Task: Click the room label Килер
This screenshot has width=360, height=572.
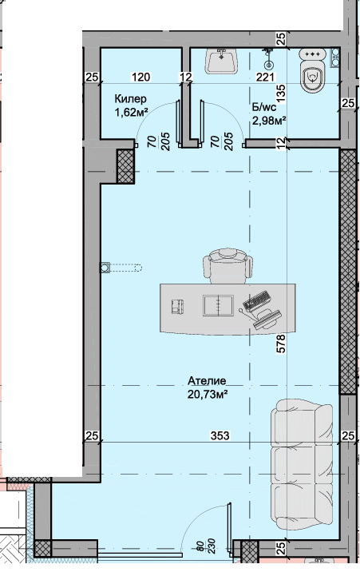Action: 130,99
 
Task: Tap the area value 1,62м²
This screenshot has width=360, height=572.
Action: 131,113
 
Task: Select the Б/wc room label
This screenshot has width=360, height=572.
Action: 264,107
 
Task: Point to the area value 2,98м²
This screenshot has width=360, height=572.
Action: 268,120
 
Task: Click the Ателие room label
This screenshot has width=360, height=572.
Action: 207,381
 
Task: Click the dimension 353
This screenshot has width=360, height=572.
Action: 220,435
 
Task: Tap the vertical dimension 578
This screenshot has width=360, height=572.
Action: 281,344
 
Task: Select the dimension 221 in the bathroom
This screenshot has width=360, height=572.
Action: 265,77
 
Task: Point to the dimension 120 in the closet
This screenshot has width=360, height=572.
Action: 140,77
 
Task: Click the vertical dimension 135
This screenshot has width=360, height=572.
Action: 281,93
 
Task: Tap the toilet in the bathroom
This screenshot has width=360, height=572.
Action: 312,70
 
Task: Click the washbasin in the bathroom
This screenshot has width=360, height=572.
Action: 222,61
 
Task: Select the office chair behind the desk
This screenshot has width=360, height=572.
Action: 228,266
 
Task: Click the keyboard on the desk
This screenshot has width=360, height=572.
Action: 257,301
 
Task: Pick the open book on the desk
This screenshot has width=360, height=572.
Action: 218,306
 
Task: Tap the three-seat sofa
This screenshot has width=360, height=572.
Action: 302,464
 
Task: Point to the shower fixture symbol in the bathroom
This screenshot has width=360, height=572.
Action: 268,58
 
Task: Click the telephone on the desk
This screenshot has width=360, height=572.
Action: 177,307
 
